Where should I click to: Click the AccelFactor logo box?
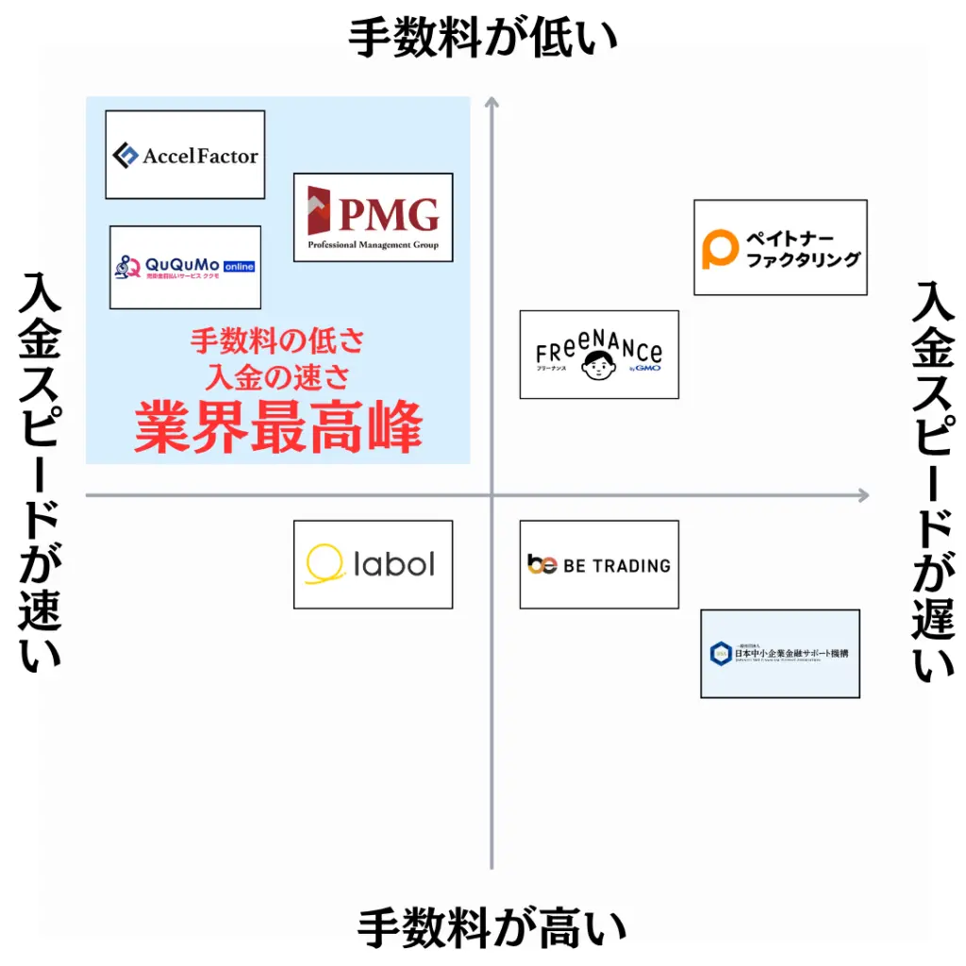click(185, 155)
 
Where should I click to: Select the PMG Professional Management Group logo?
click(373, 217)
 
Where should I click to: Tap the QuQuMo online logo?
click(185, 267)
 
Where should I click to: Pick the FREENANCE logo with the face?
click(599, 355)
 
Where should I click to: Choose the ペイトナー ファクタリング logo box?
click(780, 247)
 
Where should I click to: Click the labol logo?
click(373, 564)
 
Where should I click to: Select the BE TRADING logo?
click(599, 564)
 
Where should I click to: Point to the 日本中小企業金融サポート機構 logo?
click(780, 654)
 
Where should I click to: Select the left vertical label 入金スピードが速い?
click(40, 472)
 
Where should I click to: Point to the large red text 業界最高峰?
click(277, 428)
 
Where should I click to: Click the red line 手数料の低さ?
click(277, 340)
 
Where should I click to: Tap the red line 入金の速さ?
click(277, 377)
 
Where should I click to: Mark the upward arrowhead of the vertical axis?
click(491, 102)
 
